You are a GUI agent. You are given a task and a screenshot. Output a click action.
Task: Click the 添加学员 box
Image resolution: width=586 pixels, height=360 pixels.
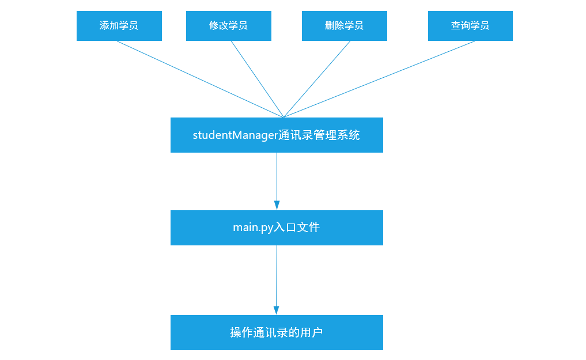click(x=119, y=26)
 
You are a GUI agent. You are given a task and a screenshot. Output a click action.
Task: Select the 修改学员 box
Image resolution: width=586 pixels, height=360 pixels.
click(x=228, y=26)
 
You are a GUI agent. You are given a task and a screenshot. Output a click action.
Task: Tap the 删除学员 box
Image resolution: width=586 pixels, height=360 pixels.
click(x=344, y=26)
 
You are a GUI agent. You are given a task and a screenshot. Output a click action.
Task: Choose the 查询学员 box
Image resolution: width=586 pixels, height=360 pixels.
click(x=470, y=26)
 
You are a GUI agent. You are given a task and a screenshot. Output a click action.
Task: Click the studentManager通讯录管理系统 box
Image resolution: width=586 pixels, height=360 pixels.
click(x=277, y=135)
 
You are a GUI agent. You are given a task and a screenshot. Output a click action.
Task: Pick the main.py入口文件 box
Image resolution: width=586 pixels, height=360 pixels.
click(x=277, y=228)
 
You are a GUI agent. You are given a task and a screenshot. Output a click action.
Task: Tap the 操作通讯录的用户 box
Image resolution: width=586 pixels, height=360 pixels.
click(x=277, y=332)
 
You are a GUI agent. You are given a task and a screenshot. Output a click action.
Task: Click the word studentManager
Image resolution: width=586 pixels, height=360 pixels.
click(x=235, y=135)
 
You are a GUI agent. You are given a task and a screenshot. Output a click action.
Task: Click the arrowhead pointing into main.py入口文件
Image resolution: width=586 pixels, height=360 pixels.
click(x=277, y=205)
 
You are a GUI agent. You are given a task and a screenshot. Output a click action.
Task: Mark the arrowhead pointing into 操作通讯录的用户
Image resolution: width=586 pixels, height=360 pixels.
click(x=276, y=310)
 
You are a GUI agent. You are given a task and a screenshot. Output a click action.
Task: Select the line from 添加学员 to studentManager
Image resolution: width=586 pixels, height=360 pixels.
click(x=199, y=79)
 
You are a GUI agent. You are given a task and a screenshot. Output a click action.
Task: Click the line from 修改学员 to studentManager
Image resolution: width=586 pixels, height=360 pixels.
click(x=257, y=79)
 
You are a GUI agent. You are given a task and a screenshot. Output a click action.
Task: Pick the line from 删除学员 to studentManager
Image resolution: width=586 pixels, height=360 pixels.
click(x=316, y=79)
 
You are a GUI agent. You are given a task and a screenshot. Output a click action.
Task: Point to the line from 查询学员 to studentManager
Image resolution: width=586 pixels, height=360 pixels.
click(x=379, y=79)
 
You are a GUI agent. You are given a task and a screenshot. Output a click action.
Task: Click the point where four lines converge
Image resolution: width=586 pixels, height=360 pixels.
click(x=283, y=117)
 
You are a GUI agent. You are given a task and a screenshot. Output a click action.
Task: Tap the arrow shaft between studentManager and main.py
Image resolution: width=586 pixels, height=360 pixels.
click(x=277, y=176)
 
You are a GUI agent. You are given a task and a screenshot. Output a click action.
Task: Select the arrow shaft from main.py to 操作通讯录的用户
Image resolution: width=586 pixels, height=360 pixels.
click(x=277, y=276)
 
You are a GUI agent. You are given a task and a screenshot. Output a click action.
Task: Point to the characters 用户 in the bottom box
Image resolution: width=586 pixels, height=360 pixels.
click(x=312, y=332)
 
